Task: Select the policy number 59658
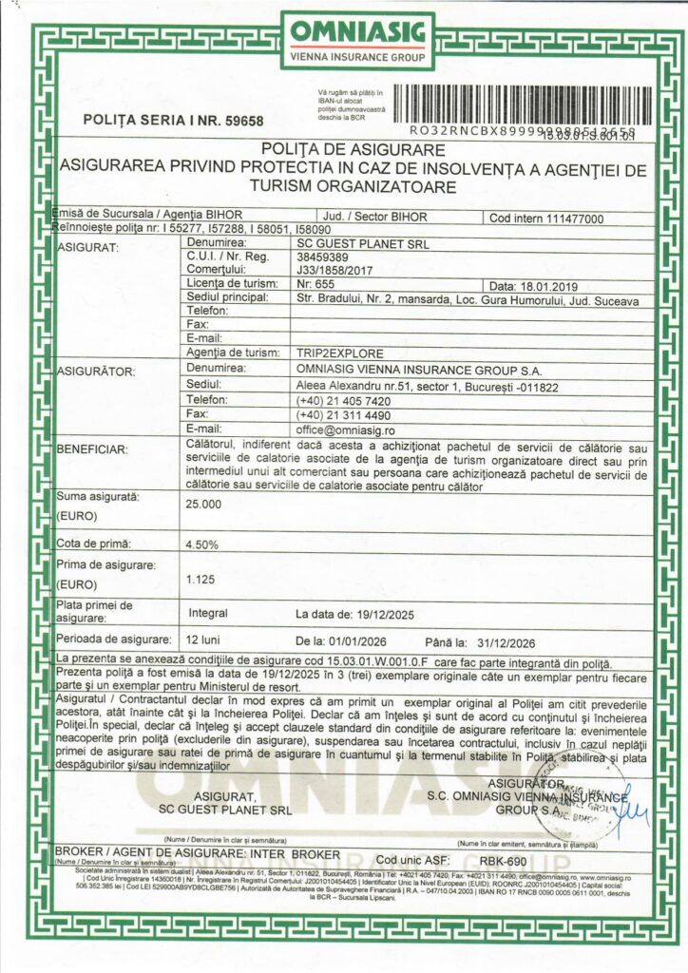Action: point(242,121)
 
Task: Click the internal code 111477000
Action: point(578,218)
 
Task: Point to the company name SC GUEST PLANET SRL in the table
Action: point(363,244)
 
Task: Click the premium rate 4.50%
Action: point(203,545)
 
